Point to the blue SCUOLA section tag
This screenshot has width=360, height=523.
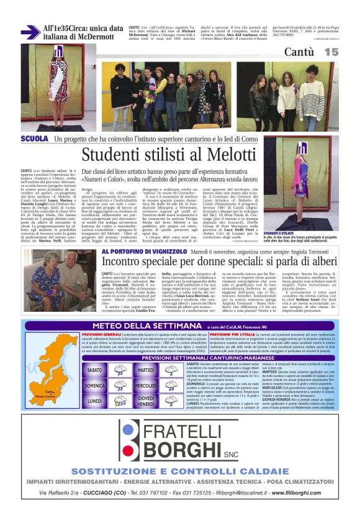coord(35,139)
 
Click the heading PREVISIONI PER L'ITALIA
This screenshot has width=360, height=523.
coord(238,334)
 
